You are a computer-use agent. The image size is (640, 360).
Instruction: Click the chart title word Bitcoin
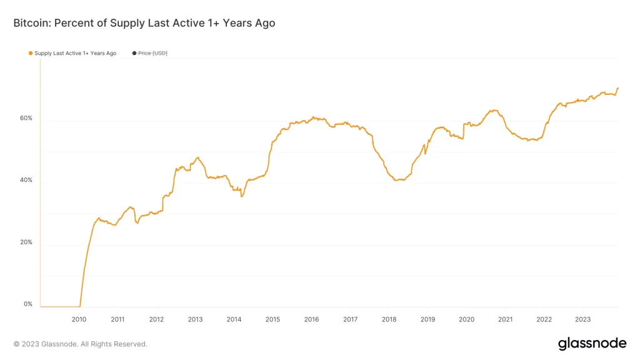tap(32, 23)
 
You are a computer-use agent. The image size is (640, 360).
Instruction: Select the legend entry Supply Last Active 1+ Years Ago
tap(75, 54)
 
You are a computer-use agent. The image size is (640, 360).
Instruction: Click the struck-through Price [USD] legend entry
tap(153, 54)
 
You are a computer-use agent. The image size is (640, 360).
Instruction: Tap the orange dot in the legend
tap(31, 54)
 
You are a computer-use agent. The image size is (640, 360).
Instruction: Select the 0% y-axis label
tap(27, 304)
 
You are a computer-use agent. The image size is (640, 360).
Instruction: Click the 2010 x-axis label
tap(79, 319)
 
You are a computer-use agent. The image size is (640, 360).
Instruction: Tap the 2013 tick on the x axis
tap(195, 319)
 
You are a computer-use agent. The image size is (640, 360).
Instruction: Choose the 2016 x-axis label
tap(311, 319)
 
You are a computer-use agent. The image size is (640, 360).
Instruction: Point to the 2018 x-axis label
tap(389, 319)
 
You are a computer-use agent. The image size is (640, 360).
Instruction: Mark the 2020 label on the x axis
tap(466, 319)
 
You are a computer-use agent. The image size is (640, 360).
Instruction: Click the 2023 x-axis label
tap(582, 319)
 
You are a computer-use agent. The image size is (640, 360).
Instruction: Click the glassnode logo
tap(591, 344)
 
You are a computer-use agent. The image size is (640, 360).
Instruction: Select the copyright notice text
tap(80, 344)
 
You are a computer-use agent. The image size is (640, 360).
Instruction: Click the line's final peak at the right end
tap(618, 88)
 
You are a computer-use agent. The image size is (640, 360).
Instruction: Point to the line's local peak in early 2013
tap(197, 157)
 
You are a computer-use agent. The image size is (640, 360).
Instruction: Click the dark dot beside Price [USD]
tap(134, 54)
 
